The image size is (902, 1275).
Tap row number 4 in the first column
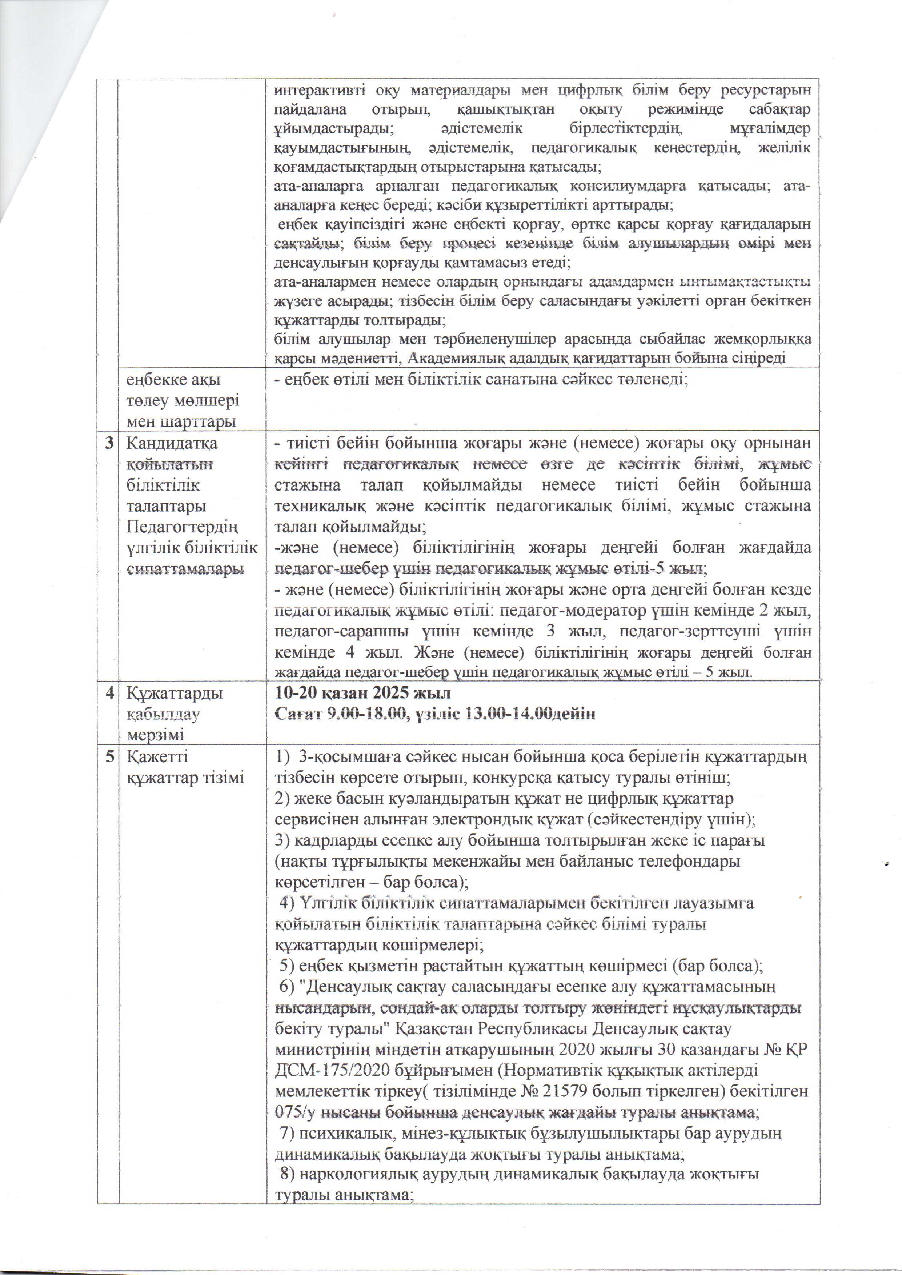109,694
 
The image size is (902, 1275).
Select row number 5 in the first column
109,757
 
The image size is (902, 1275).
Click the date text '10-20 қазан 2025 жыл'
363,694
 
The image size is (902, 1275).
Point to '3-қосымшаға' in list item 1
340,757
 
